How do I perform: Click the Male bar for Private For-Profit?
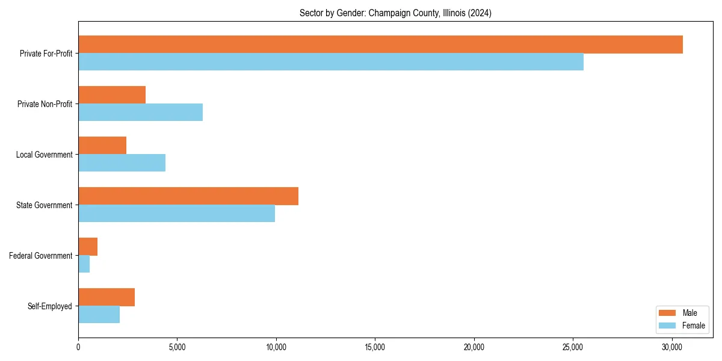pos(380,45)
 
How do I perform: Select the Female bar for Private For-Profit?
pos(331,62)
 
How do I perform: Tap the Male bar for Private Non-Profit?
pos(112,95)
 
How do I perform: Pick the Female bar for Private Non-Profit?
pos(140,113)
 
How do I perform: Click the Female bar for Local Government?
pos(122,163)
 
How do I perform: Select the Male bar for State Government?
pos(188,196)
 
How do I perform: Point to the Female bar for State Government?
pos(176,214)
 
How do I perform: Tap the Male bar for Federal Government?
pos(88,247)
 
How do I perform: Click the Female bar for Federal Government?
pos(84,264)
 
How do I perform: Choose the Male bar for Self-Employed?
pos(106,297)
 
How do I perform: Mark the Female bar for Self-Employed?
pos(99,315)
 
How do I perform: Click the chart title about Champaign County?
pos(395,13)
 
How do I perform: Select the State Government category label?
pos(44,205)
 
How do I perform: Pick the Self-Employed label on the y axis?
pos(50,306)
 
